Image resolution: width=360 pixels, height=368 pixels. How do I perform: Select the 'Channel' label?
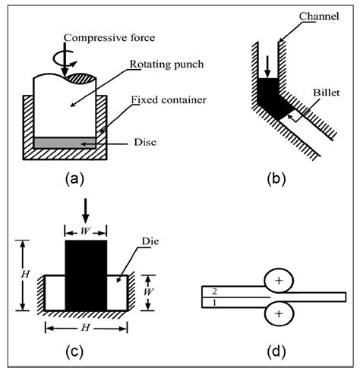[x=311, y=14]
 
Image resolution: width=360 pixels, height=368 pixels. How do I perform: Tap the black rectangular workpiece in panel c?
[x=86, y=275]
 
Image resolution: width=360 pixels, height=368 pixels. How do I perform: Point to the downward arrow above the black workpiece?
[x=85, y=210]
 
